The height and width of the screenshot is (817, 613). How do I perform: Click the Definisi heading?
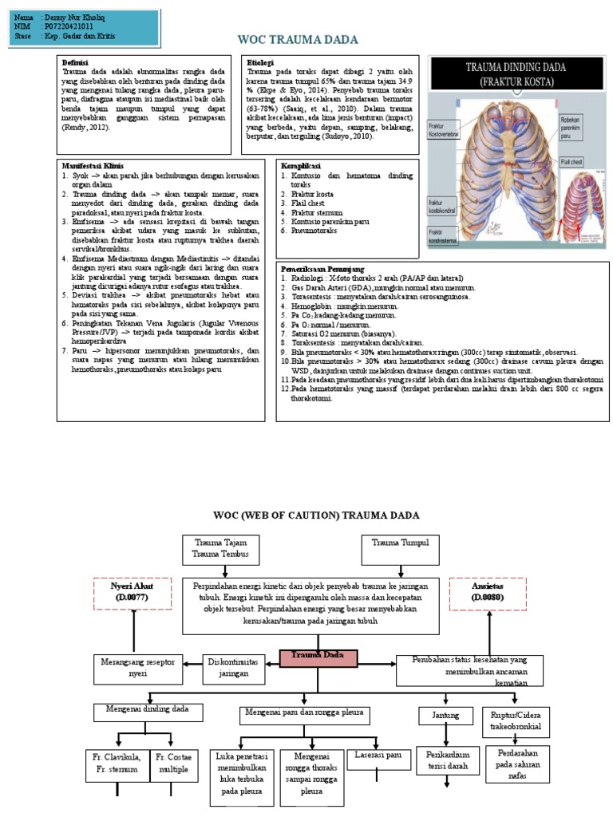pos(77,61)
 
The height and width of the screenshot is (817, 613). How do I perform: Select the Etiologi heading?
pos(261,61)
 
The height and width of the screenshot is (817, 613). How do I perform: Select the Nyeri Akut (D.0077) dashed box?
pos(131,591)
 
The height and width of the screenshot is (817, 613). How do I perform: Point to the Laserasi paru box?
pos(379,754)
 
